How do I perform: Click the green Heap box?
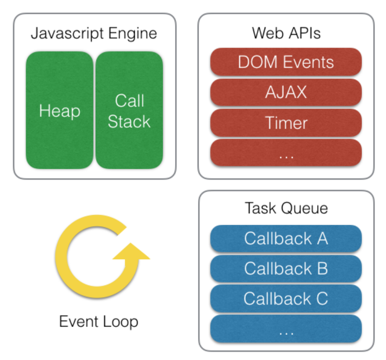point(59,110)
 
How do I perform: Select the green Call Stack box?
point(130,110)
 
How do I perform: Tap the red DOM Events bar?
point(286,62)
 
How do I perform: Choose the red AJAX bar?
point(286,92)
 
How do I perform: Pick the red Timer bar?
point(286,122)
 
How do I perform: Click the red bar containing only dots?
point(286,153)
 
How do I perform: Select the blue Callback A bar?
point(286,239)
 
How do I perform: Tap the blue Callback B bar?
point(286,269)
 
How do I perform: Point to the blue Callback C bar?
point(286,298)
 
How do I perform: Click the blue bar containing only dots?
point(286,329)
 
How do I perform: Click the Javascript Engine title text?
point(94,34)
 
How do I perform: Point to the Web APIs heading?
point(287,33)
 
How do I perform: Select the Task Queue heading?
point(287,208)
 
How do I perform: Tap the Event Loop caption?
point(99,322)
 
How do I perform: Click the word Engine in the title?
point(132,34)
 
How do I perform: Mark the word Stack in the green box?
point(129,121)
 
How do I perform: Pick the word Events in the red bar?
point(308,62)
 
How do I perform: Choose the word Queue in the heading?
point(305,208)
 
